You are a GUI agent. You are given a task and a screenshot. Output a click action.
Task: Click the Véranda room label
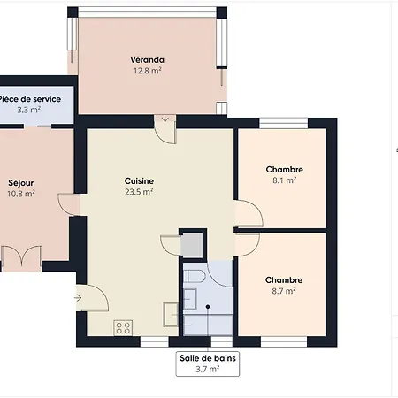click(x=149, y=60)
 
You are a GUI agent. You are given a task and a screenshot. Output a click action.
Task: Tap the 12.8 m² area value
click(x=149, y=71)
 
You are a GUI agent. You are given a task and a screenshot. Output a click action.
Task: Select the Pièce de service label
click(x=30, y=99)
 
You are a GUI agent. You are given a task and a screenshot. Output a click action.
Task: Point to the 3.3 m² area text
click(x=29, y=111)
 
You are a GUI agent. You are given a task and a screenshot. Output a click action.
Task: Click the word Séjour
click(x=21, y=183)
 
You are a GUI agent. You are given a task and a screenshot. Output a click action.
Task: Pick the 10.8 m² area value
click(x=21, y=194)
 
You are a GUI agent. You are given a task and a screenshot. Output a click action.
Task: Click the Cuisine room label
click(x=139, y=180)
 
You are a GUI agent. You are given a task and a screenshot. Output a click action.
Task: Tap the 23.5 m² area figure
click(x=139, y=190)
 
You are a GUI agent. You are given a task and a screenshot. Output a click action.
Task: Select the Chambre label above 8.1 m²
click(x=285, y=169)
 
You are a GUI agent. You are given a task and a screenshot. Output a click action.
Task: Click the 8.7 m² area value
click(x=284, y=290)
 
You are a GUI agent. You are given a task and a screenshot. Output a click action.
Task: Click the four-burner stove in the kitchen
click(x=123, y=327)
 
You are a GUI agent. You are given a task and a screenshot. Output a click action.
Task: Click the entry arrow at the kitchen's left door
click(x=80, y=298)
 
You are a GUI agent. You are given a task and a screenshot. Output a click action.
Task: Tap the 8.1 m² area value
click(x=284, y=180)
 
